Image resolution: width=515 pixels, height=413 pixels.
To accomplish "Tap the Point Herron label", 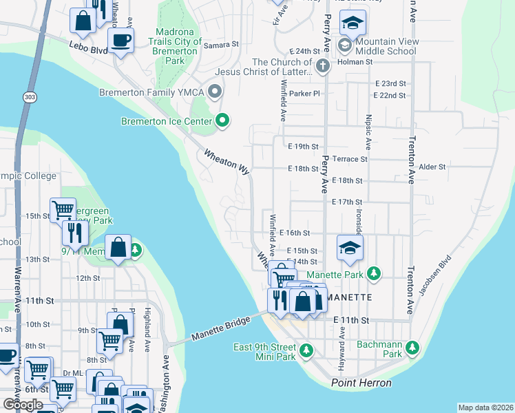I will [361, 383].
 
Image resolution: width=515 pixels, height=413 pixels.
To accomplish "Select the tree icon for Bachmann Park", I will [412, 346].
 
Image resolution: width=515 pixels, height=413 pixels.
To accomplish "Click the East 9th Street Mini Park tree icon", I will [306, 351].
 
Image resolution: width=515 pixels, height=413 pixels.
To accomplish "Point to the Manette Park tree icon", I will [373, 274].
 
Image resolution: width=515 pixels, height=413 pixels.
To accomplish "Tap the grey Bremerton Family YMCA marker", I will [216, 91].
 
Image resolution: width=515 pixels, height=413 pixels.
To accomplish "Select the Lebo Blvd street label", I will [89, 49].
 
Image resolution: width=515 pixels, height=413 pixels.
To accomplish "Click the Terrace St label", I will [350, 159].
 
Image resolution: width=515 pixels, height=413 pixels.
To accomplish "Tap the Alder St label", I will [432, 167].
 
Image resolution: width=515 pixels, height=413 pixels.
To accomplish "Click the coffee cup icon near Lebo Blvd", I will [121, 41].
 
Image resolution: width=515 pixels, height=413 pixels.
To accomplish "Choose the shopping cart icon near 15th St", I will [63, 209].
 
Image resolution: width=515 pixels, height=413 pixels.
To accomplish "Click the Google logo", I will [23, 405].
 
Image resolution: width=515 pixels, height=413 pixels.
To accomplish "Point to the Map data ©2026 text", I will [485, 407].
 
